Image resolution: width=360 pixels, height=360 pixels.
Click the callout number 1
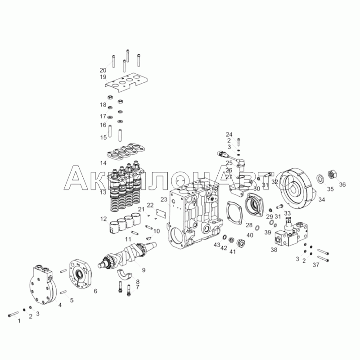(19, 321)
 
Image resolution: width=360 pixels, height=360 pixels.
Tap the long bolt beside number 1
(13, 314)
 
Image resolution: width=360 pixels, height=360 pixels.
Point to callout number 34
(322, 200)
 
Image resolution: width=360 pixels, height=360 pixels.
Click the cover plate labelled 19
(126, 83)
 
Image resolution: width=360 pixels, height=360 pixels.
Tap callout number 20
(103, 70)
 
